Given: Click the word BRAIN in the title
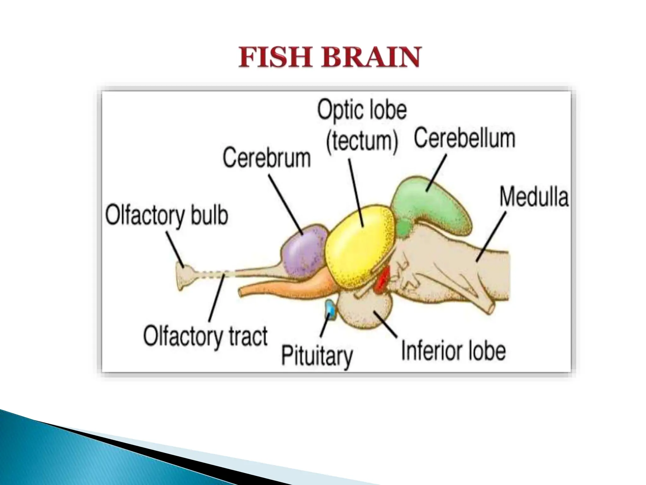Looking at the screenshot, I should pyautogui.click(x=371, y=57).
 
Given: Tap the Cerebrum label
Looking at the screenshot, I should pyautogui.click(x=267, y=158).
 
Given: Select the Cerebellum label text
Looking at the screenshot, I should pyautogui.click(x=464, y=138).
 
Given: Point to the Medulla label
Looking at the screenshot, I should pyautogui.click(x=534, y=197).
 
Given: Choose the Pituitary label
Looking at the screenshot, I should pyautogui.click(x=317, y=356).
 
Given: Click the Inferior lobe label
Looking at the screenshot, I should pyautogui.click(x=453, y=350).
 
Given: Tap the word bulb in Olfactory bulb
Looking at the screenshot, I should pyautogui.click(x=209, y=215).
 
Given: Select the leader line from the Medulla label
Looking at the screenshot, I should pyautogui.click(x=491, y=237).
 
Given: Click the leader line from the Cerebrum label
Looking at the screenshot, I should pyautogui.click(x=285, y=205).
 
